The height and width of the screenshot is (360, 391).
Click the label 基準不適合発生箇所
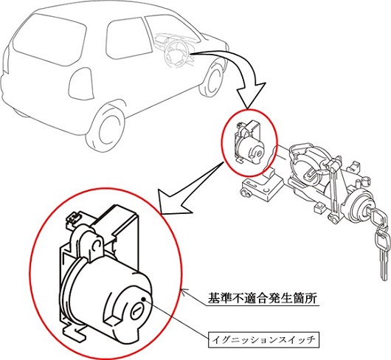point(263,298)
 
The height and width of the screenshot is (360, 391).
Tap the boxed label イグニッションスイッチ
point(263,339)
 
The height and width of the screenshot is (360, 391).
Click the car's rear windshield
point(49,39)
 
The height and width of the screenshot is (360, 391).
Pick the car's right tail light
point(81,83)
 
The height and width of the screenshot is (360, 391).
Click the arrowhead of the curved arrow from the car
point(250,94)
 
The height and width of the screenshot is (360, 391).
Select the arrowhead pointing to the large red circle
point(175,201)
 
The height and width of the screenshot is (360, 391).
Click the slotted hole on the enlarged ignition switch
point(136,311)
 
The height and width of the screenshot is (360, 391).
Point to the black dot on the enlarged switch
point(143,299)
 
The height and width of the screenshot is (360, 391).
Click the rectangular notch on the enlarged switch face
point(113,320)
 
